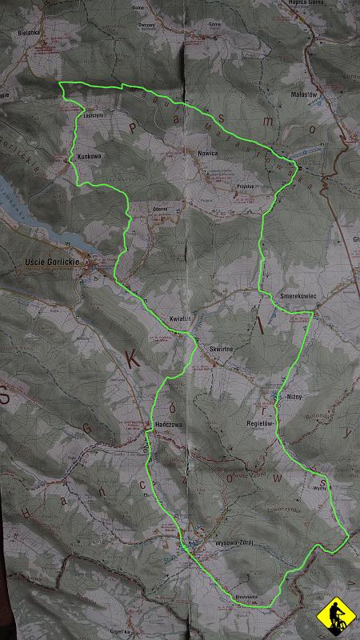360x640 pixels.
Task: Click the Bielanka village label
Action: pyautogui.click(x=27, y=34)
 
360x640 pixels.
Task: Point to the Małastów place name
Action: pyautogui.click(x=307, y=93)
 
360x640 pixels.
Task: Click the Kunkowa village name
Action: pyautogui.click(x=90, y=156)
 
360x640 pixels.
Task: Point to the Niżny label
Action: pyautogui.click(x=293, y=396)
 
